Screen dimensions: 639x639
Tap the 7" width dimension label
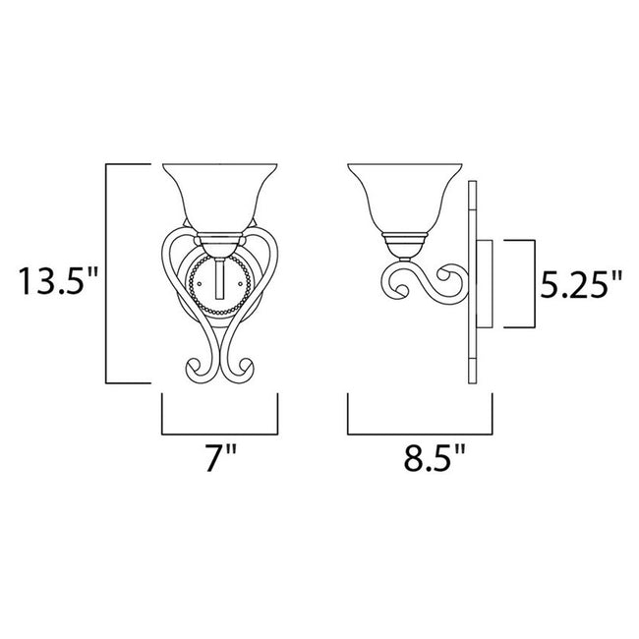(218, 458)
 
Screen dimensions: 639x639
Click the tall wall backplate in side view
(473, 285)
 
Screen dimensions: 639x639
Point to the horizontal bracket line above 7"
(218, 434)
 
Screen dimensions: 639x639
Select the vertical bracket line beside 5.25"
(534, 284)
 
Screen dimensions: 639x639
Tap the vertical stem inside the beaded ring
(219, 281)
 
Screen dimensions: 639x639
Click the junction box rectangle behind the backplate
(486, 285)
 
